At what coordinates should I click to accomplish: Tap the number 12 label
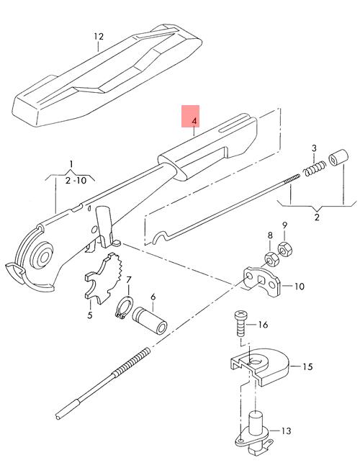click(99, 37)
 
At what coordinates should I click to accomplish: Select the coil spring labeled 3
click(315, 168)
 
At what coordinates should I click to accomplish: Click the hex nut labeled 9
click(285, 249)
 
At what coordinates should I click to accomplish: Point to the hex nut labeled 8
click(272, 259)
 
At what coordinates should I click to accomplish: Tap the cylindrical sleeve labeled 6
click(150, 320)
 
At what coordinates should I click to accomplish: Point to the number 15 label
click(307, 366)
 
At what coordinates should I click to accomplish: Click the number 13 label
click(286, 431)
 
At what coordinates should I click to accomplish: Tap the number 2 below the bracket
click(316, 217)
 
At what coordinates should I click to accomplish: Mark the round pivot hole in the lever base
click(45, 257)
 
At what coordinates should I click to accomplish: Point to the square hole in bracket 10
click(261, 280)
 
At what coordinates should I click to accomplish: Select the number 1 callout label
click(71, 164)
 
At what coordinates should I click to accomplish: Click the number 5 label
click(90, 315)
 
